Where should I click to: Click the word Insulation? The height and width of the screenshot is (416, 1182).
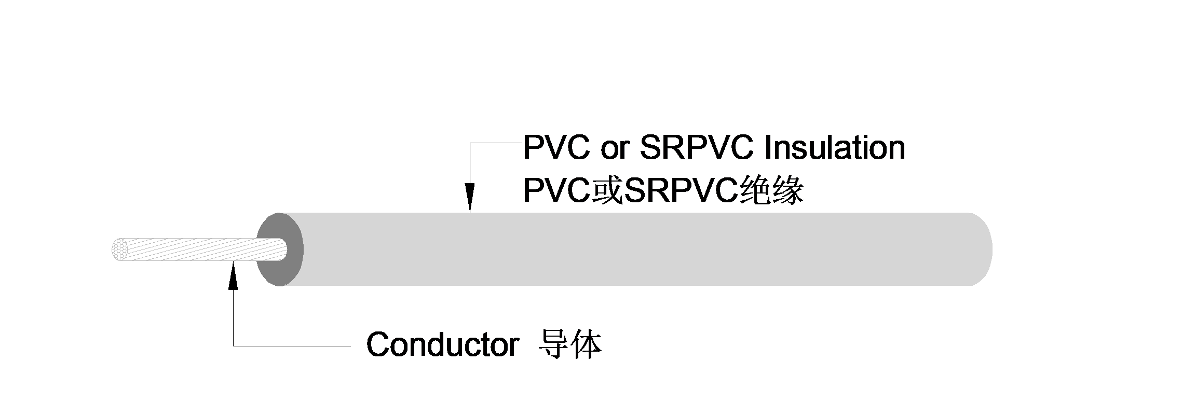tap(835, 148)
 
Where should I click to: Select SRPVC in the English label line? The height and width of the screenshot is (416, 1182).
tap(696, 148)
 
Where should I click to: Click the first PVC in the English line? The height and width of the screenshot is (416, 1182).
tap(556, 148)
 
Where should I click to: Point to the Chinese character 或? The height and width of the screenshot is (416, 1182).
tap(607, 191)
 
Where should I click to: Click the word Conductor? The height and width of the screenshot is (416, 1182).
tap(442, 344)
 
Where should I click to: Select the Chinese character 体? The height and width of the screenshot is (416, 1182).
tap(586, 344)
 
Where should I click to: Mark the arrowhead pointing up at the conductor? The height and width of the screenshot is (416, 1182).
tap(233, 275)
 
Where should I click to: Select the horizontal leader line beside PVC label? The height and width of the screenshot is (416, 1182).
tap(496, 143)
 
